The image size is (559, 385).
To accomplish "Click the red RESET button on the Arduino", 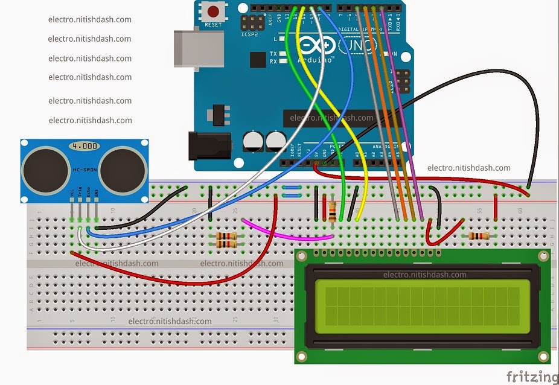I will click(213, 11).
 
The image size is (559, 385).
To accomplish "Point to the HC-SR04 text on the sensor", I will click(85, 171).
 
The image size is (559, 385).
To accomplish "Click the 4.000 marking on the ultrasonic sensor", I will click(85, 147).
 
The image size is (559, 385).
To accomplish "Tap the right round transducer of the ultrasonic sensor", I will click(123, 167).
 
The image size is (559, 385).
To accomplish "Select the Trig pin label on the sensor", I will click(80, 193).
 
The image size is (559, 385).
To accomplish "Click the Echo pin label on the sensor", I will click(88, 193).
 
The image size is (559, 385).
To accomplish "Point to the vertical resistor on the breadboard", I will click(333, 211).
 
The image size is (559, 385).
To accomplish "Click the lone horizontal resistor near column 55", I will click(479, 236).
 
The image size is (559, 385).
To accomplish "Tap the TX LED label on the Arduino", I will click(273, 54).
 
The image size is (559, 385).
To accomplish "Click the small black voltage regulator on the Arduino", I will click(215, 115).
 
